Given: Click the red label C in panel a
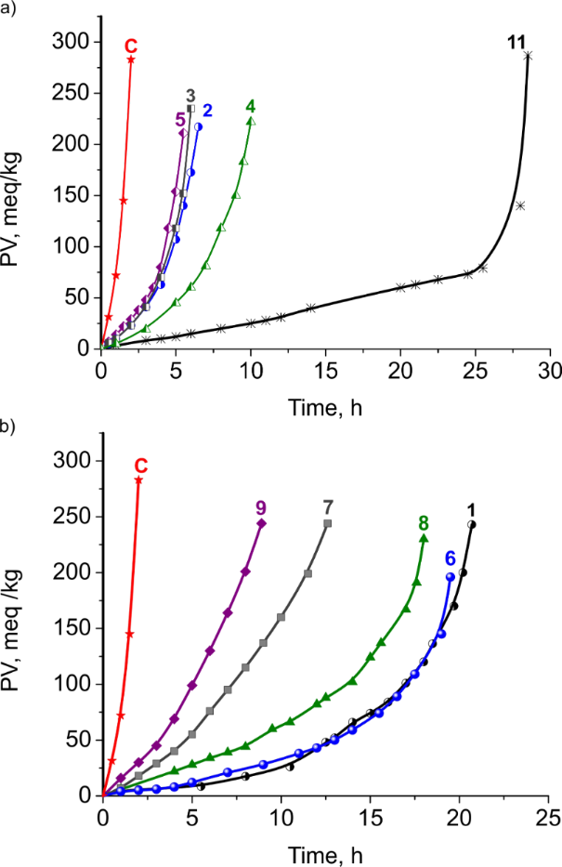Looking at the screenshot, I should pyautogui.click(x=131, y=45).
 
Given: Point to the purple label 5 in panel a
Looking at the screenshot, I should pyautogui.click(x=179, y=119).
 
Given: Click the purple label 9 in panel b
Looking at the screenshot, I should pyautogui.click(x=262, y=507).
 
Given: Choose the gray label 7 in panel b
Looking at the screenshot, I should pyautogui.click(x=327, y=507).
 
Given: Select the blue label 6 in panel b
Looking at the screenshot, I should pyautogui.click(x=450, y=558).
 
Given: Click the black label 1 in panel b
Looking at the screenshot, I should pyautogui.click(x=472, y=509).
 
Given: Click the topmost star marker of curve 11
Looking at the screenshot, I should pyautogui.click(x=528, y=56).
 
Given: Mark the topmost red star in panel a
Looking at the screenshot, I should pyautogui.click(x=131, y=59).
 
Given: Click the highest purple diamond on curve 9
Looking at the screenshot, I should pyautogui.click(x=262, y=524).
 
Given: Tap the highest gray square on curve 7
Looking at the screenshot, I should pyautogui.click(x=327, y=524).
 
